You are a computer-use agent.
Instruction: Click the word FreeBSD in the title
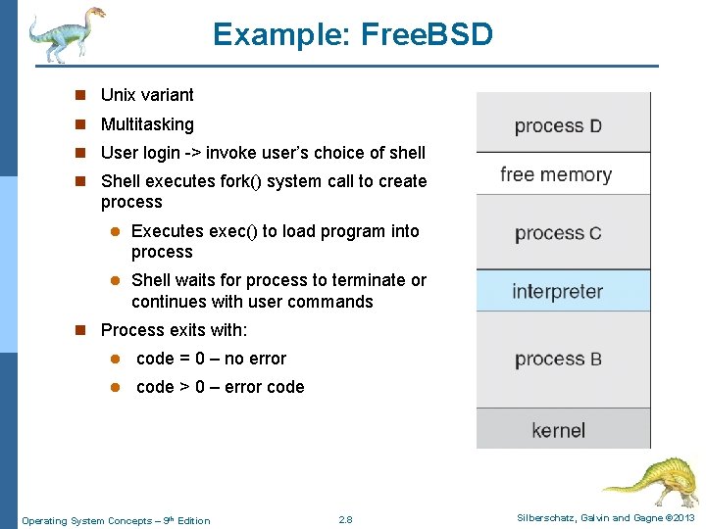(x=428, y=35)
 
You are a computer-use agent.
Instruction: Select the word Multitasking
(x=147, y=124)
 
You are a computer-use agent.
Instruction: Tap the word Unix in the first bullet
(x=119, y=95)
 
